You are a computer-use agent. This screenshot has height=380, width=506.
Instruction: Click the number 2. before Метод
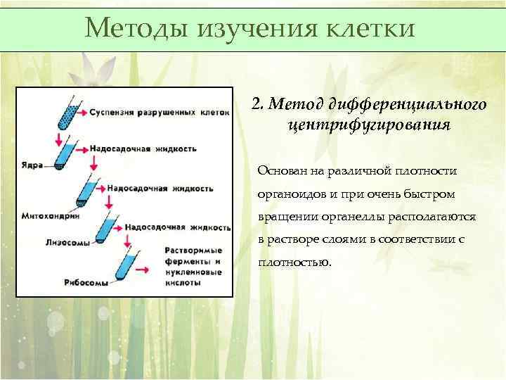coord(257,105)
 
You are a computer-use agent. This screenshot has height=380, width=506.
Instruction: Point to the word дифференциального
coord(408,105)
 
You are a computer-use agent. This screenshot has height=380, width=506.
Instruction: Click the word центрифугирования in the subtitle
coord(368,125)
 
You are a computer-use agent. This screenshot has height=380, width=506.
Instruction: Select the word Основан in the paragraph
coord(280,171)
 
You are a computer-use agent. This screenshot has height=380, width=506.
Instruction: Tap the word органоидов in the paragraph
coord(290,194)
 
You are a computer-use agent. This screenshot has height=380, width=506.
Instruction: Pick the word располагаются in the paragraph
coord(436,217)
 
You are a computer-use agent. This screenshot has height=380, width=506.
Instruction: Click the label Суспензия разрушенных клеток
coord(158,113)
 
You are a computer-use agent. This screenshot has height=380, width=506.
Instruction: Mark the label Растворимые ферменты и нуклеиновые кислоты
coord(194,267)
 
